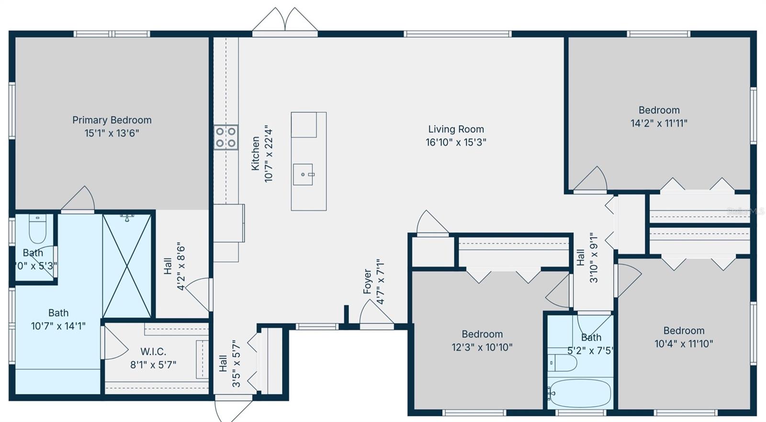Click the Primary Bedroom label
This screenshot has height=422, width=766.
112,120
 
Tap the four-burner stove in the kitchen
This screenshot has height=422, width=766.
225,137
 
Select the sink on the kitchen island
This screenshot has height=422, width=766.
303,174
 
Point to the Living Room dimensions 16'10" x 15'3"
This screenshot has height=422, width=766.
456,142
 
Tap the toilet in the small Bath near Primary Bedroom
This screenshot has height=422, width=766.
37,230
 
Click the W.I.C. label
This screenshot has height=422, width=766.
153,352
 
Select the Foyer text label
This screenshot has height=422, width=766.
367,281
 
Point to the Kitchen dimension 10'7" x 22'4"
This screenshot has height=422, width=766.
269,154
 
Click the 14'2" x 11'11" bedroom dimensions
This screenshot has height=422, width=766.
659,123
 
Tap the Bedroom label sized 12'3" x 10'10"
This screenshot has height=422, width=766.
482,334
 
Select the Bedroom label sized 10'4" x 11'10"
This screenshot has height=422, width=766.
684,331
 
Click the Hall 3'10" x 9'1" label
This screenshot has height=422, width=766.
580,258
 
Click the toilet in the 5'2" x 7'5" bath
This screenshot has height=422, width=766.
563,363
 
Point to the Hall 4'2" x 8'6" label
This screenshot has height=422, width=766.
168,266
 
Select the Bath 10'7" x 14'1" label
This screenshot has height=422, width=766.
58,313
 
